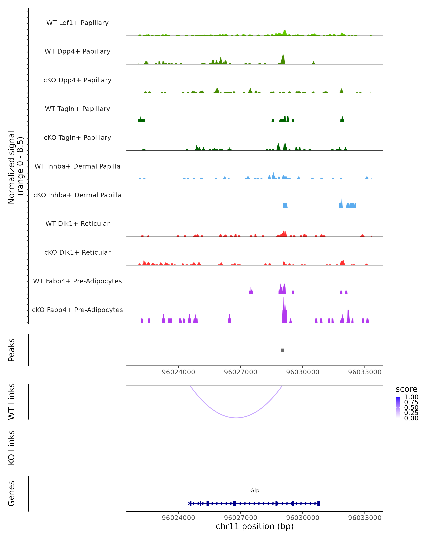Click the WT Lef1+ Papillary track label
[77, 23]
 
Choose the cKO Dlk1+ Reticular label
[77, 252]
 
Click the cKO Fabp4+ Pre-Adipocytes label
[77, 310]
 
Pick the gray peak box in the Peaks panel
[282, 350]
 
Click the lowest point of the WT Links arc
[236, 418]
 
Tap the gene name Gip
[255, 490]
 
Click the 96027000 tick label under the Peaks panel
[240, 372]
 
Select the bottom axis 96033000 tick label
[365, 518]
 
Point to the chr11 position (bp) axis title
[255, 526]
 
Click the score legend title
[407, 389]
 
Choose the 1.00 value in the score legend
[411, 397]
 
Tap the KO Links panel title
[11, 448]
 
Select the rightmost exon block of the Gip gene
[319, 503]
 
